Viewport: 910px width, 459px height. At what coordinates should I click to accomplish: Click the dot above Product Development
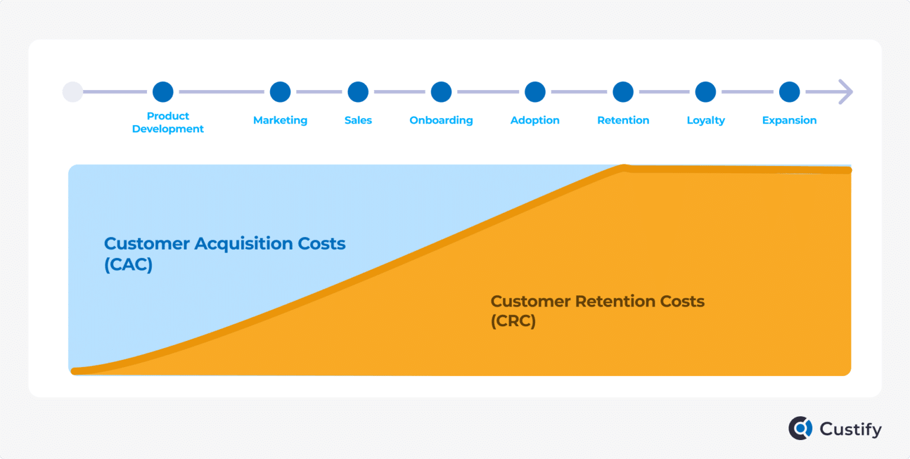pos(163,92)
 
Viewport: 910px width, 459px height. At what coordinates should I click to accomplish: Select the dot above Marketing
pos(280,92)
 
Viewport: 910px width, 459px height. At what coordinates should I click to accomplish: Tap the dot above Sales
pos(358,92)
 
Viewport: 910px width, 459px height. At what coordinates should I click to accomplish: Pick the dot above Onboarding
pos(441,92)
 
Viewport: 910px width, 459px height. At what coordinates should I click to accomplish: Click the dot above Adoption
pos(535,92)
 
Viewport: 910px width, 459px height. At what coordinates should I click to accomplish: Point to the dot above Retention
pos(623,92)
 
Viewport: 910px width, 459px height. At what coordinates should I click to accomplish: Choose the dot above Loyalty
pos(706,92)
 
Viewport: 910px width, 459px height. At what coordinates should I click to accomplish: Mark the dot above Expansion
pos(789,92)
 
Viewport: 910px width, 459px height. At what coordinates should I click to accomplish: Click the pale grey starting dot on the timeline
pos(73,92)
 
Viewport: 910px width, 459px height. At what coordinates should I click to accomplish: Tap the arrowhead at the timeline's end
pos(845,92)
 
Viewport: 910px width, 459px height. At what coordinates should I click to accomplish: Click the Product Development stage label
pos(168,122)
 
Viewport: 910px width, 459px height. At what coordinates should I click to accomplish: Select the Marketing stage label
pos(280,120)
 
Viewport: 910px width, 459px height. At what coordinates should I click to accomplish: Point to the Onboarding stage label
pos(441,120)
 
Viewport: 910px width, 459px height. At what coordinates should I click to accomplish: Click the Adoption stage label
pos(535,120)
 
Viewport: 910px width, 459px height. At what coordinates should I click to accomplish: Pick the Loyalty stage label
pos(706,120)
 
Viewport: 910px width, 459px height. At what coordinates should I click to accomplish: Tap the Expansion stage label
pos(789,120)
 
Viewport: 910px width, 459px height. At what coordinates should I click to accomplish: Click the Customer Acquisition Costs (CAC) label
pos(225,254)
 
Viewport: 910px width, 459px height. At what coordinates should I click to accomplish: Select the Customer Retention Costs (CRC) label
pos(597,311)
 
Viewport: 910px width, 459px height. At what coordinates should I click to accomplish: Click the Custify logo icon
pos(800,428)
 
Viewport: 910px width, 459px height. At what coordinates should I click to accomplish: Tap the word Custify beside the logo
pos(851,429)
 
